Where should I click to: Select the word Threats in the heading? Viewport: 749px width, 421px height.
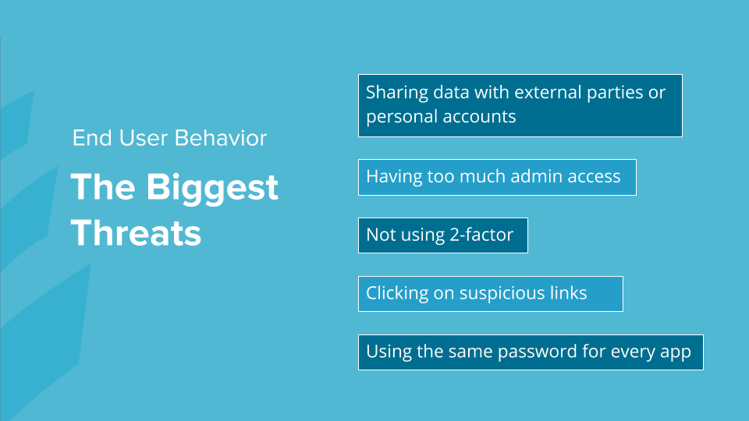click(136, 233)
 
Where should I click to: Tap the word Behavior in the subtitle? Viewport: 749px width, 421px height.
click(221, 138)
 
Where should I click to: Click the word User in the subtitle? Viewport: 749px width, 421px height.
click(144, 138)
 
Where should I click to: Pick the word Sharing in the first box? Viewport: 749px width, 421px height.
click(397, 93)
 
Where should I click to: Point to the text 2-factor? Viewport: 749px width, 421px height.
click(481, 235)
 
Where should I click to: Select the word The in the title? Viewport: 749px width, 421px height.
click(103, 186)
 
